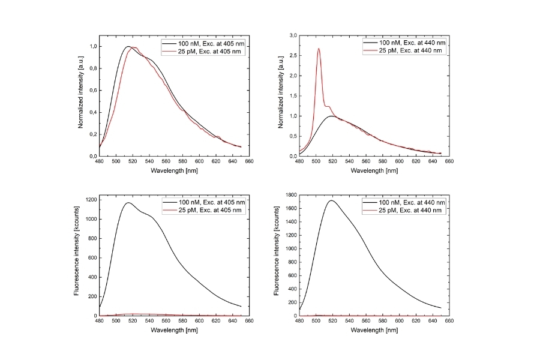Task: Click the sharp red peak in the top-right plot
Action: [319, 49]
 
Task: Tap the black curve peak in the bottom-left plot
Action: [128, 203]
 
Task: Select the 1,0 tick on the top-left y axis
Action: [92, 47]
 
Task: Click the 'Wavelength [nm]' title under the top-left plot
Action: [174, 170]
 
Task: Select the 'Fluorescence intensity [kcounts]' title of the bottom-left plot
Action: [77, 256]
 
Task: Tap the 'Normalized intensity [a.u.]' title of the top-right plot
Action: [280, 96]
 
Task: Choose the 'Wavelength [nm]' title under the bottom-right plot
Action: [374, 330]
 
